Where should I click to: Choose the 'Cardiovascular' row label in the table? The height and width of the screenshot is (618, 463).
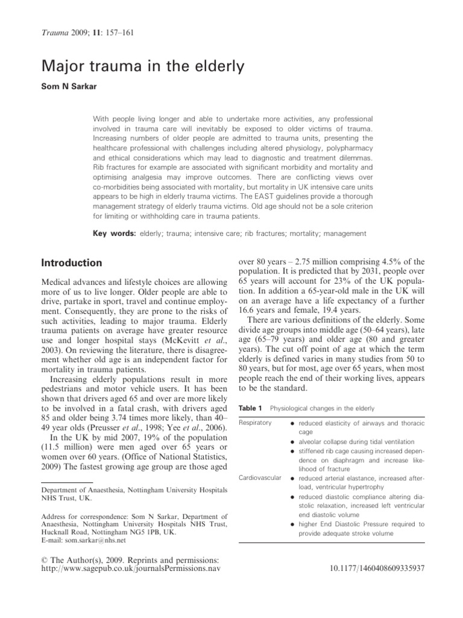coord(260,478)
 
